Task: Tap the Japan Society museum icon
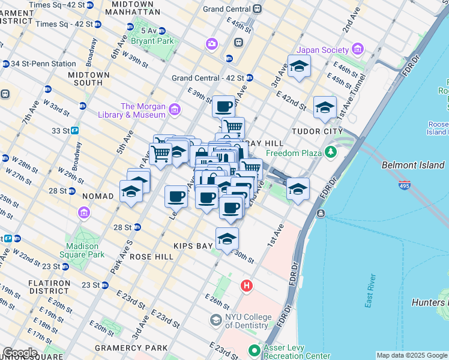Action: click(358, 49)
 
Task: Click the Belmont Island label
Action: click(413, 165)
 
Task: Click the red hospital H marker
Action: click(246, 286)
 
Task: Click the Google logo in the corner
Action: click(19, 353)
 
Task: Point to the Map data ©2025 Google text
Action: click(411, 355)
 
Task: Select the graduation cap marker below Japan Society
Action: click(299, 67)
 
